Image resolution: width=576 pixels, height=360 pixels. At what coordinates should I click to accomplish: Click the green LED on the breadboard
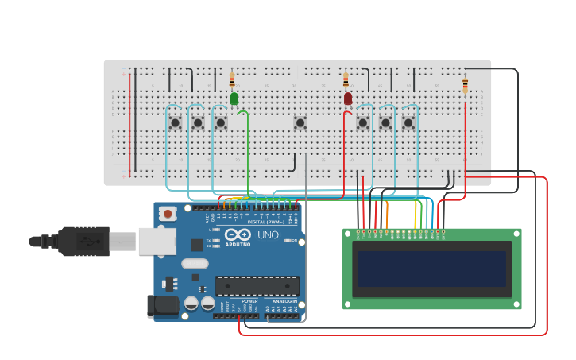click(234, 99)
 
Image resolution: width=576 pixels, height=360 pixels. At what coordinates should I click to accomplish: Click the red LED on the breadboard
click(348, 99)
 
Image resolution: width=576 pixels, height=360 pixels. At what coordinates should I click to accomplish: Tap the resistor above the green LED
click(232, 79)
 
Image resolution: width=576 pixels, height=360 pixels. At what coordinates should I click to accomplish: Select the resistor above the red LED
click(346, 79)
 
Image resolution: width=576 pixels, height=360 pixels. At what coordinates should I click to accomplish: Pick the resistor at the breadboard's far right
click(466, 85)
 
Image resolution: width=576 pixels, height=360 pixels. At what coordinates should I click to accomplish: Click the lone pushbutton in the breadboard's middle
click(300, 122)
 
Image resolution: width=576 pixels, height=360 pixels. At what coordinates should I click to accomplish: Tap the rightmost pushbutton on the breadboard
click(408, 122)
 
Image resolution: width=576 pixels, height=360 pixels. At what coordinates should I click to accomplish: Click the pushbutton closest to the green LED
click(221, 122)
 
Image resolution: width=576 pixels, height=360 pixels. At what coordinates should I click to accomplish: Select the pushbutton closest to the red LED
click(363, 122)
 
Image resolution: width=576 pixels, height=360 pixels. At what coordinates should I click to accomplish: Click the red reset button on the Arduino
click(168, 213)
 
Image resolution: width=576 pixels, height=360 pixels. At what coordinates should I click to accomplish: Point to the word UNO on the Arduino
click(268, 235)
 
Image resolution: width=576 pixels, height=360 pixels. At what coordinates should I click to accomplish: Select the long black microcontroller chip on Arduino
click(257, 285)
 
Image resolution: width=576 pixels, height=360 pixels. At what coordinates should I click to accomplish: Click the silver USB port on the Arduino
click(157, 241)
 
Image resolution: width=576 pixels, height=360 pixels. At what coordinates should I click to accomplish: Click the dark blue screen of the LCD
click(432, 269)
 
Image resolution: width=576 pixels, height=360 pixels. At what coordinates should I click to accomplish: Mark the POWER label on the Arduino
click(249, 301)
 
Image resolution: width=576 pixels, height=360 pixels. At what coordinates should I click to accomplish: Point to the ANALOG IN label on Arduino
click(284, 301)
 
